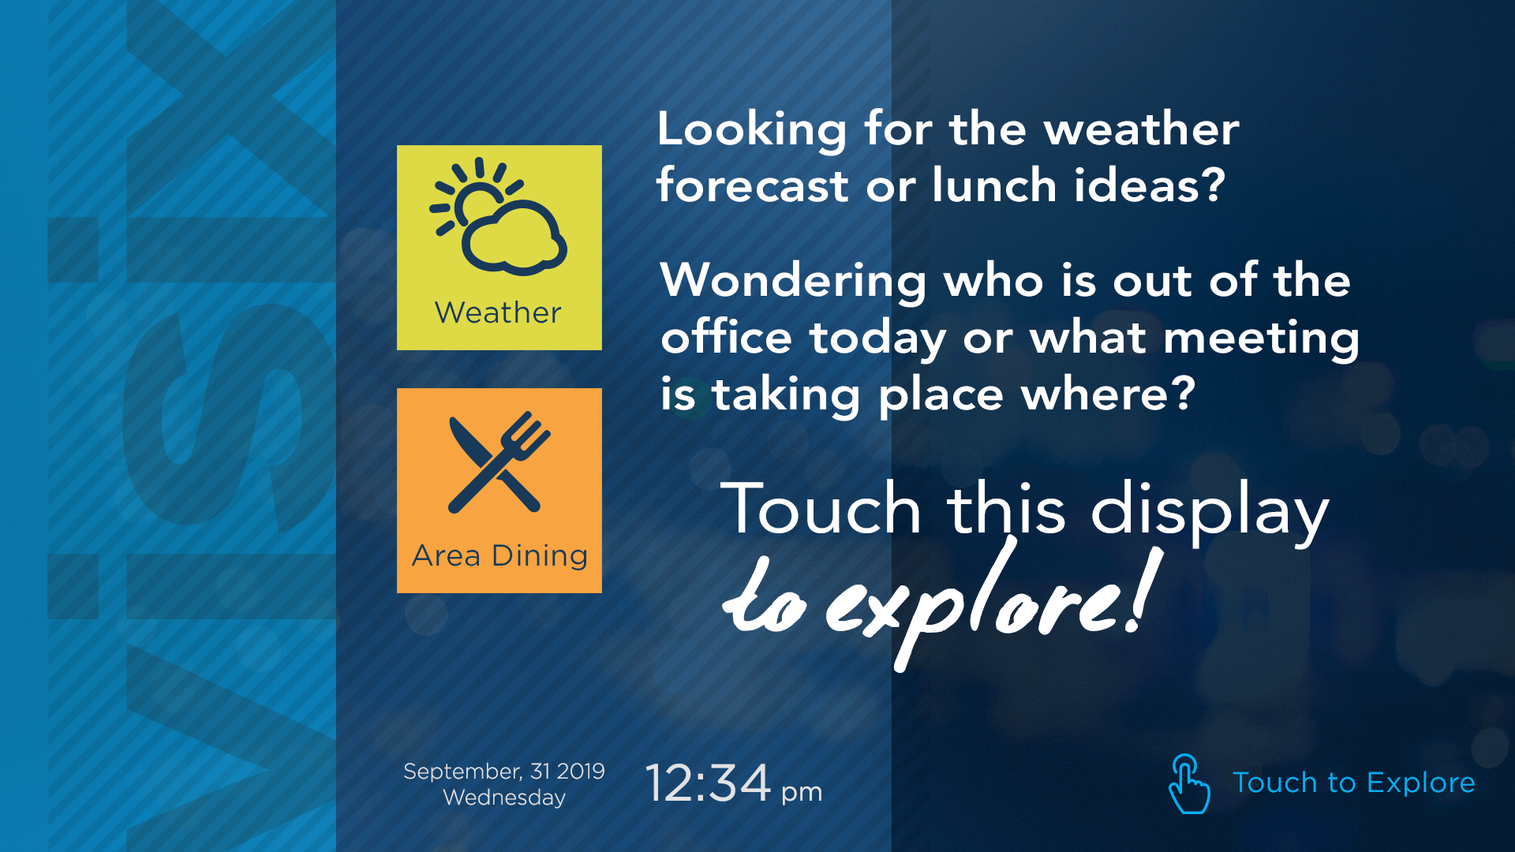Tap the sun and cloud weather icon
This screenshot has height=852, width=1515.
click(x=498, y=216)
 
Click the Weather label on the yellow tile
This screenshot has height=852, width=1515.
click(x=498, y=313)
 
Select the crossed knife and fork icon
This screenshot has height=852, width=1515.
click(x=499, y=462)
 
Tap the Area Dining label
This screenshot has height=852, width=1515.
click(x=499, y=556)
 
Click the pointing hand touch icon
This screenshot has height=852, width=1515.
click(x=1188, y=783)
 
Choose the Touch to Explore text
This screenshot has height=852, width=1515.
click(x=1353, y=783)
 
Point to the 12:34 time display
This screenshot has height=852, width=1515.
click(x=708, y=783)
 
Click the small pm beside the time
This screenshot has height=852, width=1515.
click(x=802, y=792)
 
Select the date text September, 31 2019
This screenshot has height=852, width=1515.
click(x=503, y=771)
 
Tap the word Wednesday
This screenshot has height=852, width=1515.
click(x=504, y=798)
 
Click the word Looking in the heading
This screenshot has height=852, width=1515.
click(x=752, y=129)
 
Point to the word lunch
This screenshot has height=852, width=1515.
click(x=994, y=185)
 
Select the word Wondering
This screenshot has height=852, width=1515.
click(x=794, y=282)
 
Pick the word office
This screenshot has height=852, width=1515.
click(x=726, y=338)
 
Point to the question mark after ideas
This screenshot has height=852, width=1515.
click(x=1213, y=185)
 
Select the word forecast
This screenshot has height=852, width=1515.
click(x=752, y=186)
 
